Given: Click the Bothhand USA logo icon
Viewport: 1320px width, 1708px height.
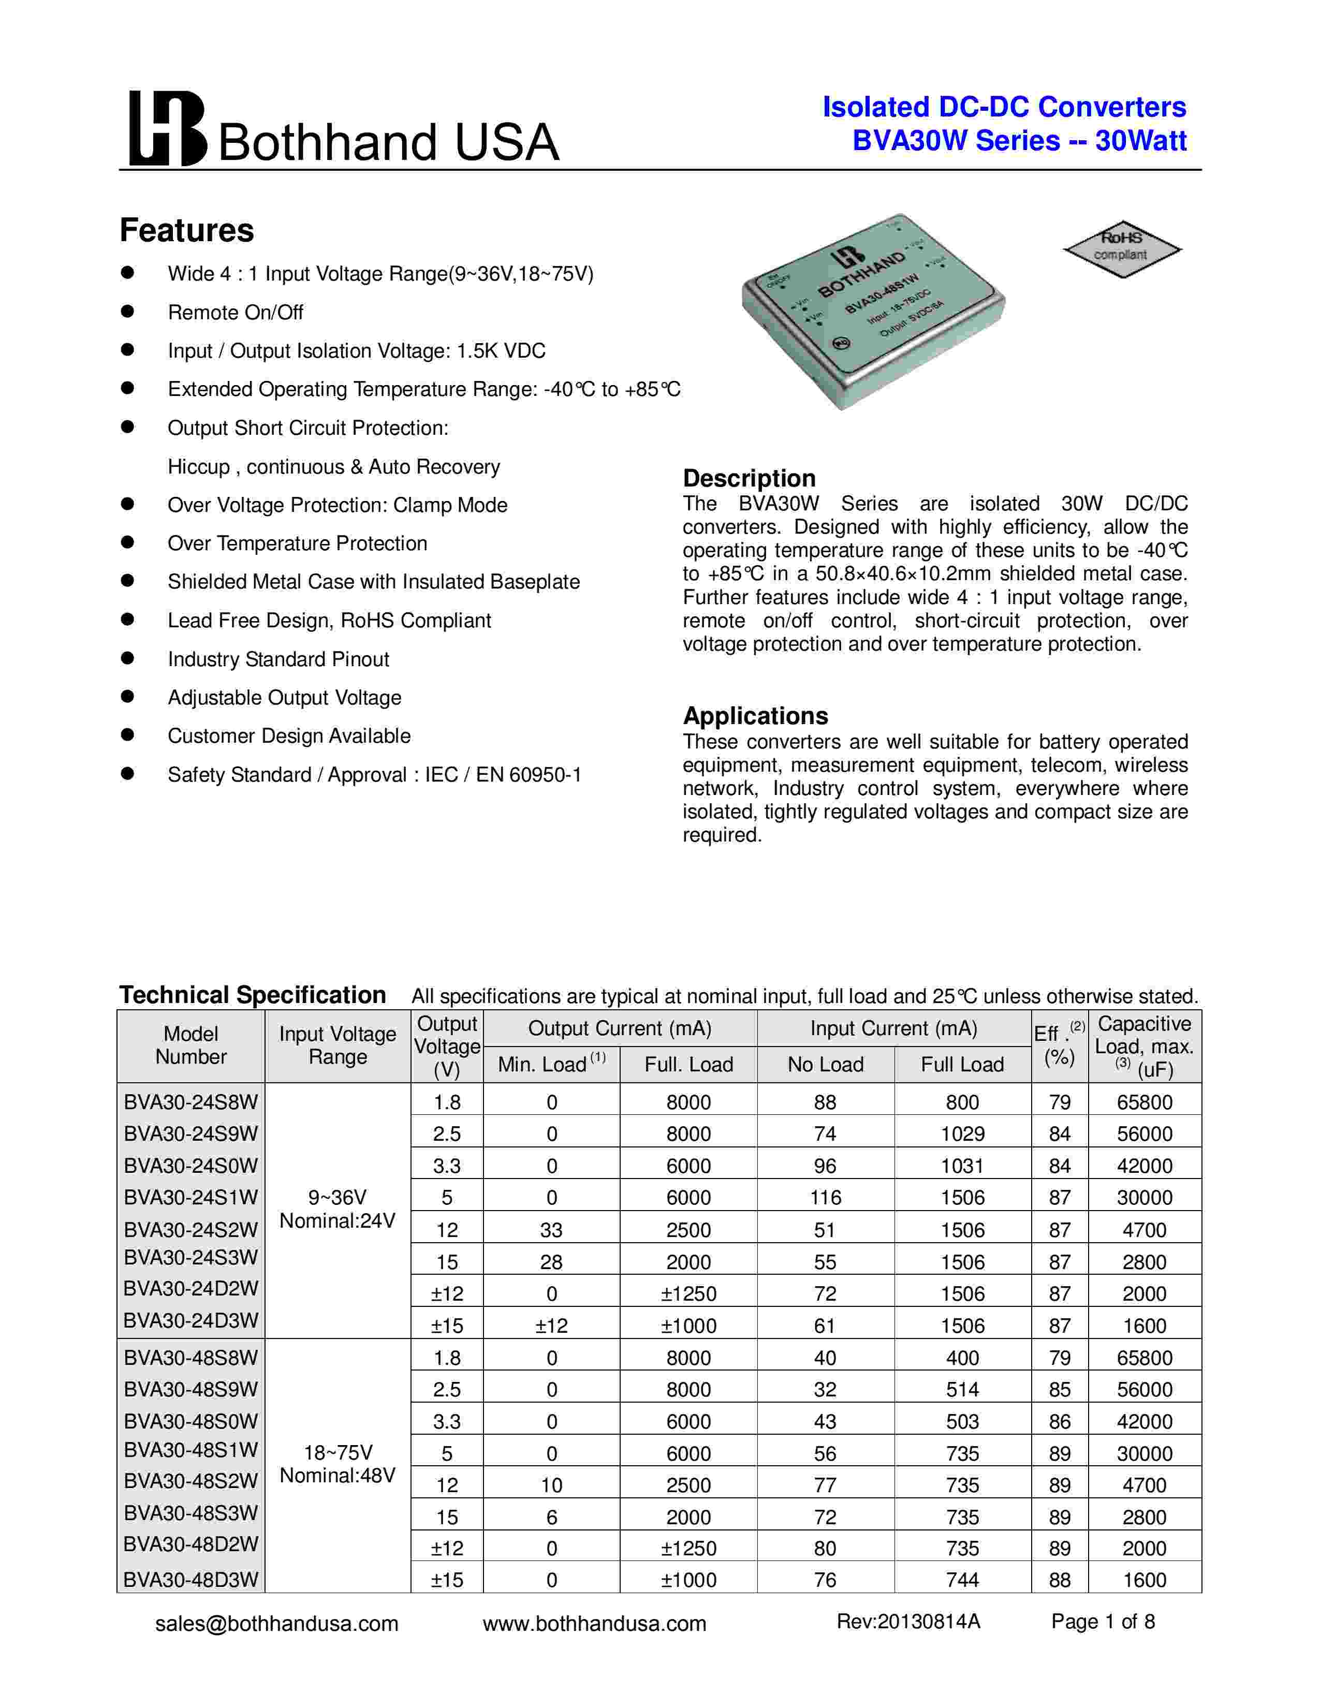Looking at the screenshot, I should [x=167, y=128].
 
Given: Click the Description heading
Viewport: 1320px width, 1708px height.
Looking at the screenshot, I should [x=749, y=478].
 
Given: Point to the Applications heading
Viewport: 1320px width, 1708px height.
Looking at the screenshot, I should [x=755, y=716].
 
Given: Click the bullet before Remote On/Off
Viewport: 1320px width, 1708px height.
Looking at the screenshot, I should [x=127, y=311].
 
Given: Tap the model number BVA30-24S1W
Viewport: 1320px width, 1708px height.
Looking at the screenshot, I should [x=191, y=1197].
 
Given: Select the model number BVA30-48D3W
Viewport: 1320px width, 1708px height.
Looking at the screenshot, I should [x=191, y=1580].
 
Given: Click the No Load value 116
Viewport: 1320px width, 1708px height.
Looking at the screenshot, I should [x=825, y=1197].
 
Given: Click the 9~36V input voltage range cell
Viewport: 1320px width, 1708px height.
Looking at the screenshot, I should [x=338, y=1209].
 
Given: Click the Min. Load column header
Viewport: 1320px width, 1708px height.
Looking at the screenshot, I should [x=551, y=1064].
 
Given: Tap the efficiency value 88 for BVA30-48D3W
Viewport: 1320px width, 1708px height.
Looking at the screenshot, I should [x=1060, y=1580].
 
